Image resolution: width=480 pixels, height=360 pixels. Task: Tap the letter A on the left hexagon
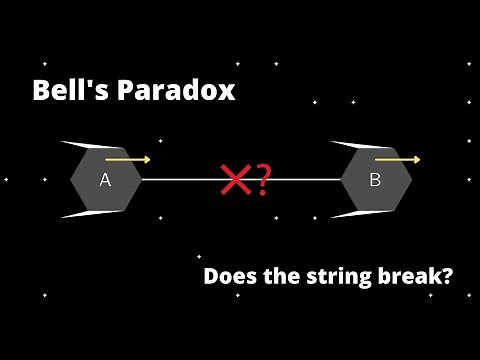click(105, 180)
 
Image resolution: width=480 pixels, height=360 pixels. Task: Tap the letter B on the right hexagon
click(375, 180)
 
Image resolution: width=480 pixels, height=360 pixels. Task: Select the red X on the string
click(236, 181)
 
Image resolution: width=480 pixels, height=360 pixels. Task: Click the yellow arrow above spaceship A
click(128, 159)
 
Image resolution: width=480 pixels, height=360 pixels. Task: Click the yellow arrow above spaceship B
click(397, 159)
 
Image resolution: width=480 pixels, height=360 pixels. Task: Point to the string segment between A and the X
click(180, 180)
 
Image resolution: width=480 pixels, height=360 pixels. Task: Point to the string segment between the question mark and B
click(305, 180)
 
